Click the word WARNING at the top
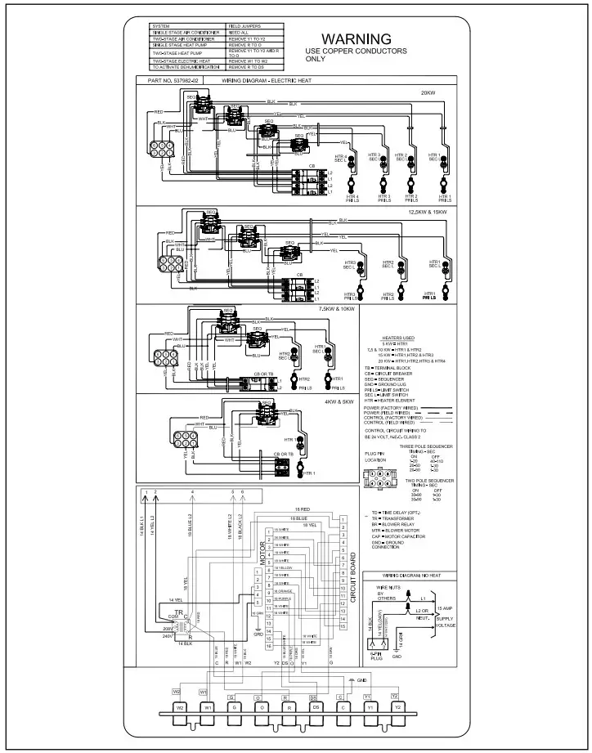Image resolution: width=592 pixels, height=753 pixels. [356, 39]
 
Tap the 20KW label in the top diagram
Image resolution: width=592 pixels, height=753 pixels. [428, 92]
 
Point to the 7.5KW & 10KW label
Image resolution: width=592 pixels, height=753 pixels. [335, 311]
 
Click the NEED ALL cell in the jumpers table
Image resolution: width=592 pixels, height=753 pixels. [239, 32]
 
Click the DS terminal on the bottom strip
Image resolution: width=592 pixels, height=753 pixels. [313, 706]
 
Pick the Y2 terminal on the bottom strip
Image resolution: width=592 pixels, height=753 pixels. [397, 706]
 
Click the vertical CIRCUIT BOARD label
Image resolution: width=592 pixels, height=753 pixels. [353, 576]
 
